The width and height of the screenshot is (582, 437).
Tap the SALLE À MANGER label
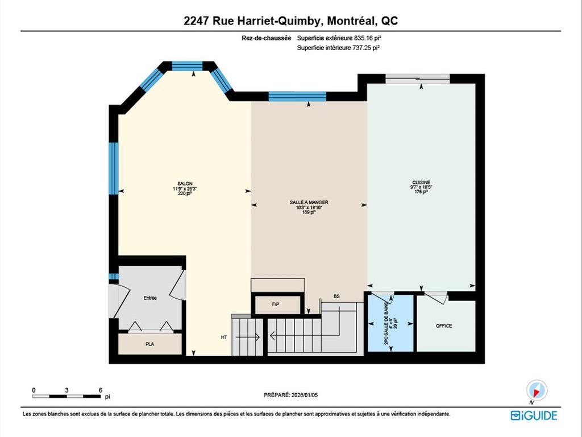point(309,202)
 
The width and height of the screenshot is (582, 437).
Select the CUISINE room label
point(421,183)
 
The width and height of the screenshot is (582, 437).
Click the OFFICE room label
point(444,326)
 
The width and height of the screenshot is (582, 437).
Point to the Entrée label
point(150,298)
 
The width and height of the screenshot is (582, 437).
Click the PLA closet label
point(150,344)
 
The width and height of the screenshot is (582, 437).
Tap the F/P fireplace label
point(276,304)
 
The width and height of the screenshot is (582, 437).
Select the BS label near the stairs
point(336,296)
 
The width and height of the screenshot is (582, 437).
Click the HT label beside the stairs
point(224,337)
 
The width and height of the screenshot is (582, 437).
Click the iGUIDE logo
point(534,415)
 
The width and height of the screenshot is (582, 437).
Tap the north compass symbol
point(537,390)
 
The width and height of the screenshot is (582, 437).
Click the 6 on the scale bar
point(100,390)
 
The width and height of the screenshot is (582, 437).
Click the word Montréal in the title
point(347,21)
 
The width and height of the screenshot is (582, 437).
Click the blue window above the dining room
point(297,96)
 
